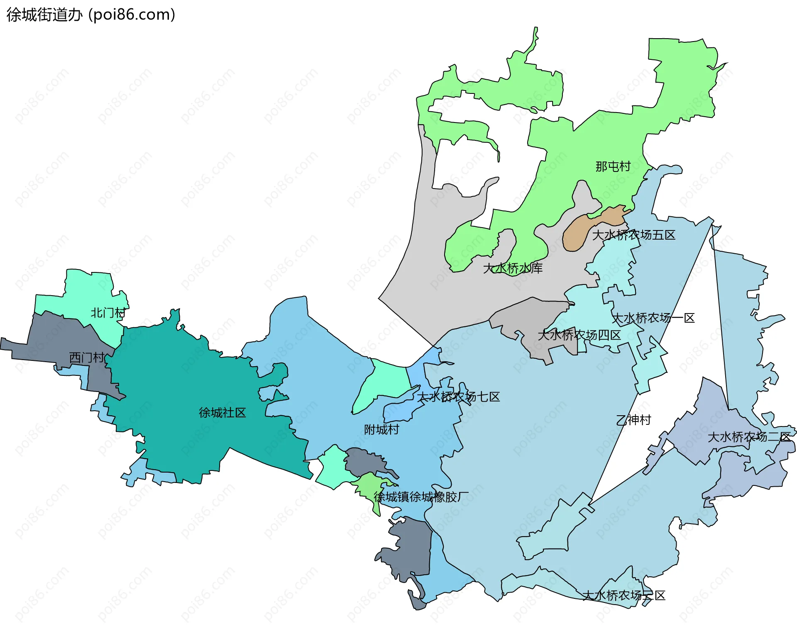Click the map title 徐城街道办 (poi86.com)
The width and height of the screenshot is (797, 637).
pyautogui.click(x=91, y=15)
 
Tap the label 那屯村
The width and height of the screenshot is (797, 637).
pyautogui.click(x=613, y=167)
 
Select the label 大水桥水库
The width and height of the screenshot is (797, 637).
pyautogui.click(x=513, y=268)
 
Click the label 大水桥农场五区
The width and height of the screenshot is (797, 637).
pyautogui.click(x=633, y=235)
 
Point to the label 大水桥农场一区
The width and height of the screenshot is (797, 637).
pyautogui.click(x=653, y=318)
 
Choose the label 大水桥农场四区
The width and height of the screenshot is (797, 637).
pyautogui.click(x=579, y=335)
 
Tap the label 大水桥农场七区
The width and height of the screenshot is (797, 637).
pyautogui.click(x=458, y=397)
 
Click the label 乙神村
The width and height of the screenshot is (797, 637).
pyautogui.click(x=633, y=420)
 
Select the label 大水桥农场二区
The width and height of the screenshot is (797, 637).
pyautogui.click(x=749, y=437)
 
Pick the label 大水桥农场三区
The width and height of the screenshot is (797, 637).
pyautogui.click(x=624, y=595)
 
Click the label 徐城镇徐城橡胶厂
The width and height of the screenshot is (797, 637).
pyautogui.click(x=421, y=497)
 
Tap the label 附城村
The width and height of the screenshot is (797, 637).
pyautogui.click(x=381, y=429)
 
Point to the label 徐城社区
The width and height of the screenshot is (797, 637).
pyautogui.click(x=222, y=413)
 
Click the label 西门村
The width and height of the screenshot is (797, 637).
pyautogui.click(x=87, y=358)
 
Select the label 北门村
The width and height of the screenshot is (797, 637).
pyautogui.click(x=108, y=313)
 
